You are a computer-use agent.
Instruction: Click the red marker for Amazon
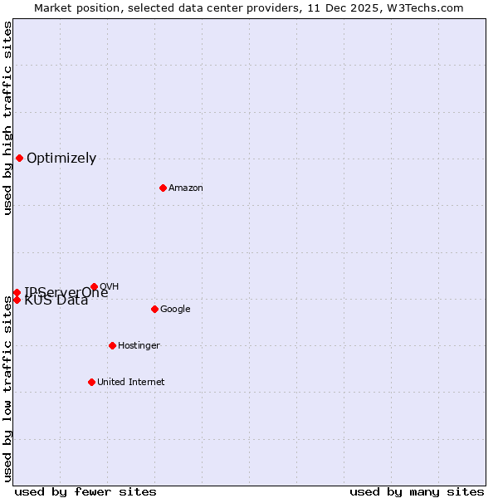[x=163, y=188]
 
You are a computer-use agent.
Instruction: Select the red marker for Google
[x=154, y=309]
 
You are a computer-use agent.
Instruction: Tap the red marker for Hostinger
[x=112, y=345]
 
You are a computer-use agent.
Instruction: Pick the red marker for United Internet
[x=91, y=382]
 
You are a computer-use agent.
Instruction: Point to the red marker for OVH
[x=94, y=286]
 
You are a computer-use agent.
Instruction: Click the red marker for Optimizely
[x=19, y=158]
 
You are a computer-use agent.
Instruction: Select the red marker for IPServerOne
[x=17, y=292]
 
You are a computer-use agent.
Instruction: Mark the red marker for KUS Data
[x=17, y=300]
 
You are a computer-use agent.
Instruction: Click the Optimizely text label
[x=61, y=159]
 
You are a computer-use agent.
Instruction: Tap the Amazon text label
[x=186, y=188]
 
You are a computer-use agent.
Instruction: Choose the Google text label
[x=175, y=310]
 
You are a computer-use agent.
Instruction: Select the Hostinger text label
[x=139, y=346]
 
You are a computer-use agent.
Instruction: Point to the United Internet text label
[x=131, y=383]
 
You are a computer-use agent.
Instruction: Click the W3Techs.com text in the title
[x=427, y=8]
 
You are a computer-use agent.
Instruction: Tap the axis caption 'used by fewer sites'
[x=85, y=492]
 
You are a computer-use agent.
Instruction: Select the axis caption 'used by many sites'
[x=417, y=492]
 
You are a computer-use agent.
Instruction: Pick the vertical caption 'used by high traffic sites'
[x=8, y=118]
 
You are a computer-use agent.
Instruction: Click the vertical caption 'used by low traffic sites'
[x=8, y=388]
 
